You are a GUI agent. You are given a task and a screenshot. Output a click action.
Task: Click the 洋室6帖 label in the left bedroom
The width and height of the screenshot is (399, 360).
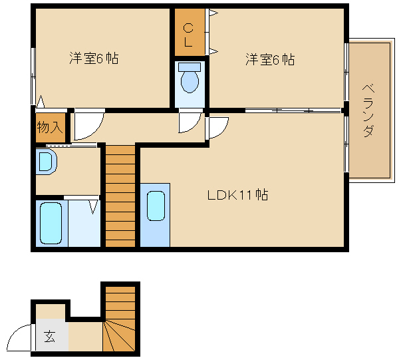94,59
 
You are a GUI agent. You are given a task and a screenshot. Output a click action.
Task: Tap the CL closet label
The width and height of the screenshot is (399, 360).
188,35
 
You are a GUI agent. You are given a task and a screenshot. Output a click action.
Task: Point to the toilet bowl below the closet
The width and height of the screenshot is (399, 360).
190,81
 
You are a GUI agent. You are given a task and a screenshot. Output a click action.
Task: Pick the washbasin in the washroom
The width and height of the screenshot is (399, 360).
46,162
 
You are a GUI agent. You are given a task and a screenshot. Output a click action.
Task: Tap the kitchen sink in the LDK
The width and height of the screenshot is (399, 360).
155,206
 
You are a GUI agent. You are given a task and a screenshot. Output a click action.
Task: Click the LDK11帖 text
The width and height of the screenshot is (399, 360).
237,195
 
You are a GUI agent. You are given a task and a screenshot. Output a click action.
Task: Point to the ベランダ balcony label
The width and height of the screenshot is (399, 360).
368,110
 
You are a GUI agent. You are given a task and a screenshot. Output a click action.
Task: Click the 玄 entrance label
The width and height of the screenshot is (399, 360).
51,337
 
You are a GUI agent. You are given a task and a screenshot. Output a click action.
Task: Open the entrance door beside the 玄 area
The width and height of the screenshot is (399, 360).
21,336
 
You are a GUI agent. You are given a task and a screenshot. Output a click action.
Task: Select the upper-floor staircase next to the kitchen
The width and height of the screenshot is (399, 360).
120,196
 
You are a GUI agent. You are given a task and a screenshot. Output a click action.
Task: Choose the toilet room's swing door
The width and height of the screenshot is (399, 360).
190,122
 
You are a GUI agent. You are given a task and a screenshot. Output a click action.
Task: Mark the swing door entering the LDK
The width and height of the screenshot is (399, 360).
217,126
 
